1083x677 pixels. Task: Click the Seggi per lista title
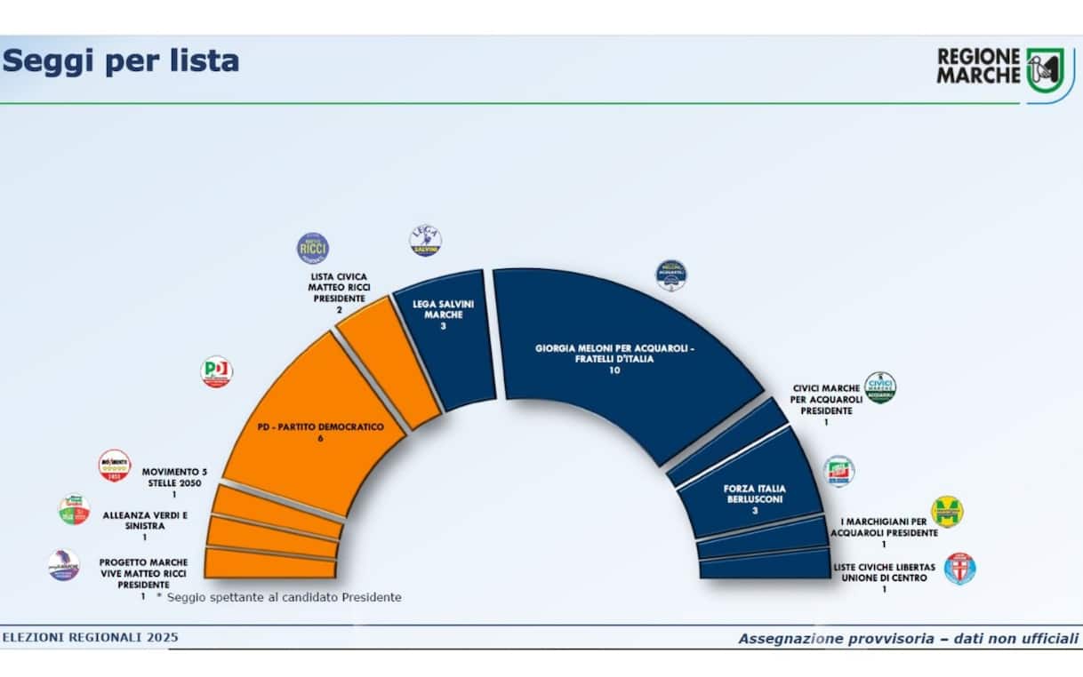121,60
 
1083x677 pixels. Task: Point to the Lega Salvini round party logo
425,241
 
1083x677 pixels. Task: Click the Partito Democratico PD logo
216,371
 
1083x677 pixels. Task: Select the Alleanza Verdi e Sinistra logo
74,509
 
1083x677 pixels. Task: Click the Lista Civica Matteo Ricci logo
312,248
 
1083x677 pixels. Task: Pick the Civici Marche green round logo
879,388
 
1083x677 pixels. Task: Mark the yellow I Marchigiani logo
946,512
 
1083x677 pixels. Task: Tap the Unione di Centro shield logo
959,569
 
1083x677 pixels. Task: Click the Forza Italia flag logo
839,471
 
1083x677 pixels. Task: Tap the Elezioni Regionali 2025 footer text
90,637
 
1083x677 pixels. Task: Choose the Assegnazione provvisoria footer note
908,638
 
